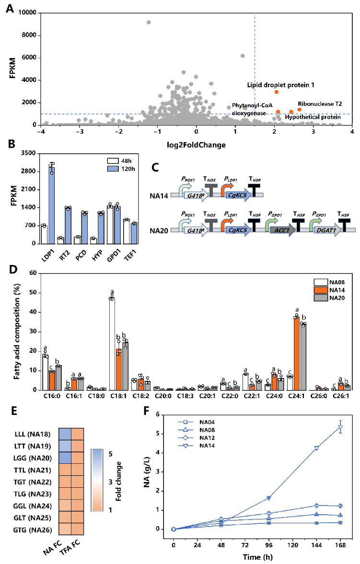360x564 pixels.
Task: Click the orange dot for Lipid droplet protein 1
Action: (x=277, y=92)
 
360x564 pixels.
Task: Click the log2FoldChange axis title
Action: (x=196, y=144)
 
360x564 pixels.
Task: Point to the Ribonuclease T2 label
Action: (x=319, y=103)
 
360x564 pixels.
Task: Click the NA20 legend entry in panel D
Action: (x=333, y=299)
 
